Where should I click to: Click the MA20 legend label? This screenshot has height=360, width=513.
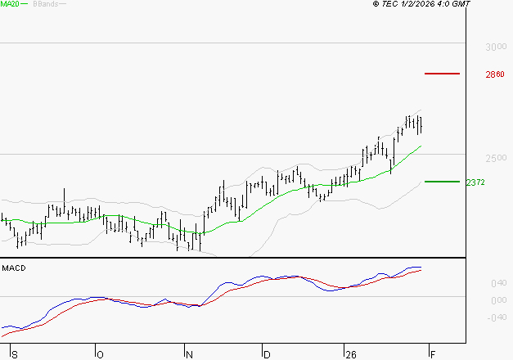(10, 4)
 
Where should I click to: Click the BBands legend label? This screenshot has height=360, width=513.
(44, 4)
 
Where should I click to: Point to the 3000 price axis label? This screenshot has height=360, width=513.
(494, 47)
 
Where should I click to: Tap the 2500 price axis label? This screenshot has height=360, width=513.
(494, 157)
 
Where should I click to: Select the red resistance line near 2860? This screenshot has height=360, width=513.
(443, 74)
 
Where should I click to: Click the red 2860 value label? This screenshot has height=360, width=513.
(494, 74)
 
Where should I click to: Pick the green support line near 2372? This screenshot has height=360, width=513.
(443, 182)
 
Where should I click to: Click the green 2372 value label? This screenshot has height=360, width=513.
(475, 182)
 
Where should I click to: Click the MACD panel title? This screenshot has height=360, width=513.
(14, 268)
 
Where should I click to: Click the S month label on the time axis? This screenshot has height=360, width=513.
(14, 354)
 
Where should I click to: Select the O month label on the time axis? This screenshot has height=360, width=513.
(100, 354)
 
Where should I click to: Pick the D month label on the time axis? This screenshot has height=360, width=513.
(266, 354)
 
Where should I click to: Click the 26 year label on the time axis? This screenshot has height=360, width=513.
(349, 354)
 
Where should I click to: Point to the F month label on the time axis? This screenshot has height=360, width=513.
(432, 354)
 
